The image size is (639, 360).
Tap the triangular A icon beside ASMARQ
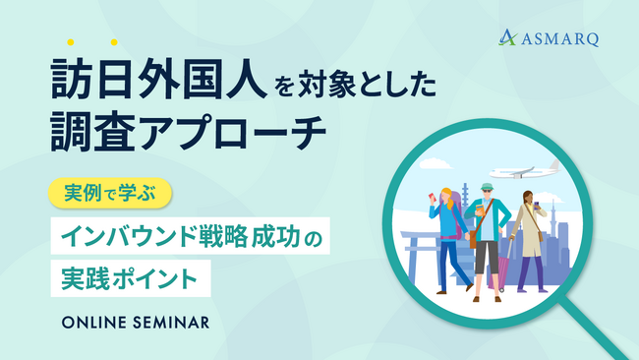[508, 37]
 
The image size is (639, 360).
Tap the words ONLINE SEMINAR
[135, 322]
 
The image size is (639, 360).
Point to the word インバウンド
[127, 236]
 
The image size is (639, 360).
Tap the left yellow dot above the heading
[71, 42]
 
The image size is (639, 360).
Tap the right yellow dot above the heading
[114, 42]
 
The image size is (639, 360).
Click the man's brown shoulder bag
[474, 237]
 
